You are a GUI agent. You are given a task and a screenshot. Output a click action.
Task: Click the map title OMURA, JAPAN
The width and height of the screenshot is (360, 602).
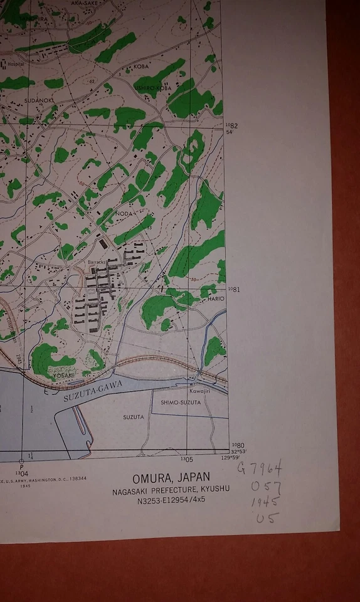[x=171, y=477]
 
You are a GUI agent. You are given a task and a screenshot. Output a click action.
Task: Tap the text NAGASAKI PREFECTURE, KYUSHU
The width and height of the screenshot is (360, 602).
[x=171, y=489]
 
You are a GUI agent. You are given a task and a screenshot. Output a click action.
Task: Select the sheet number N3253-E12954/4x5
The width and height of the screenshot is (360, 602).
[x=170, y=500]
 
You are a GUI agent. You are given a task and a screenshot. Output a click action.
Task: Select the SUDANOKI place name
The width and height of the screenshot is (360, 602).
[x=38, y=100]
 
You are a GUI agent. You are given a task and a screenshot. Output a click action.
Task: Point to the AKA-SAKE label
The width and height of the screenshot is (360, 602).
[x=85, y=3]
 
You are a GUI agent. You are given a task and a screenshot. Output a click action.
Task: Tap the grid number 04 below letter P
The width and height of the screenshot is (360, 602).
[x=23, y=473]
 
